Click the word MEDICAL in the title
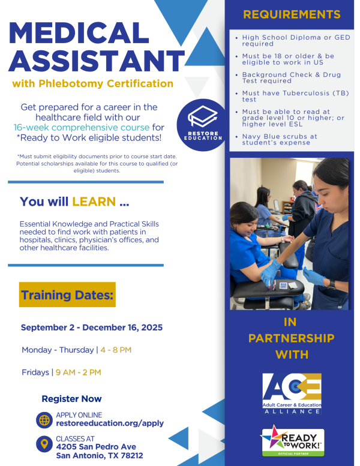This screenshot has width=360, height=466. (x=79, y=34)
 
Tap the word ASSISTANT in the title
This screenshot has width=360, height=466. (x=97, y=61)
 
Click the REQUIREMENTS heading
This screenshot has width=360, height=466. (x=292, y=14)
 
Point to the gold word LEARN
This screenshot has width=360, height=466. (x=94, y=202)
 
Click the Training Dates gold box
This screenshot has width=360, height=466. (x=67, y=294)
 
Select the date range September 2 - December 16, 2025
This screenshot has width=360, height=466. (x=92, y=327)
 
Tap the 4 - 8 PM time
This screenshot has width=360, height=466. (x=116, y=350)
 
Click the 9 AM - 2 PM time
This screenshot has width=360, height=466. (x=78, y=372)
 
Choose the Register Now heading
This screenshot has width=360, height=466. (x=71, y=399)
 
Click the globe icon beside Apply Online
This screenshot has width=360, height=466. (x=44, y=420)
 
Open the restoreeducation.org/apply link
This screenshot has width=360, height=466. (x=110, y=423)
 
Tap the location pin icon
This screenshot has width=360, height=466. (x=44, y=444)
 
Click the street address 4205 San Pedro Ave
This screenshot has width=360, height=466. (x=96, y=447)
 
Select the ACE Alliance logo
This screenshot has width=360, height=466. (x=292, y=394)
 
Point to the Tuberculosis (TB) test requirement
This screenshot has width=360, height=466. (x=295, y=97)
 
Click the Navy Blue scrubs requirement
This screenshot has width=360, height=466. (x=280, y=139)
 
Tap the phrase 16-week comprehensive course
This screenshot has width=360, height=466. (x=82, y=128)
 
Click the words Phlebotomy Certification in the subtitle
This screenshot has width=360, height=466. (x=106, y=83)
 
